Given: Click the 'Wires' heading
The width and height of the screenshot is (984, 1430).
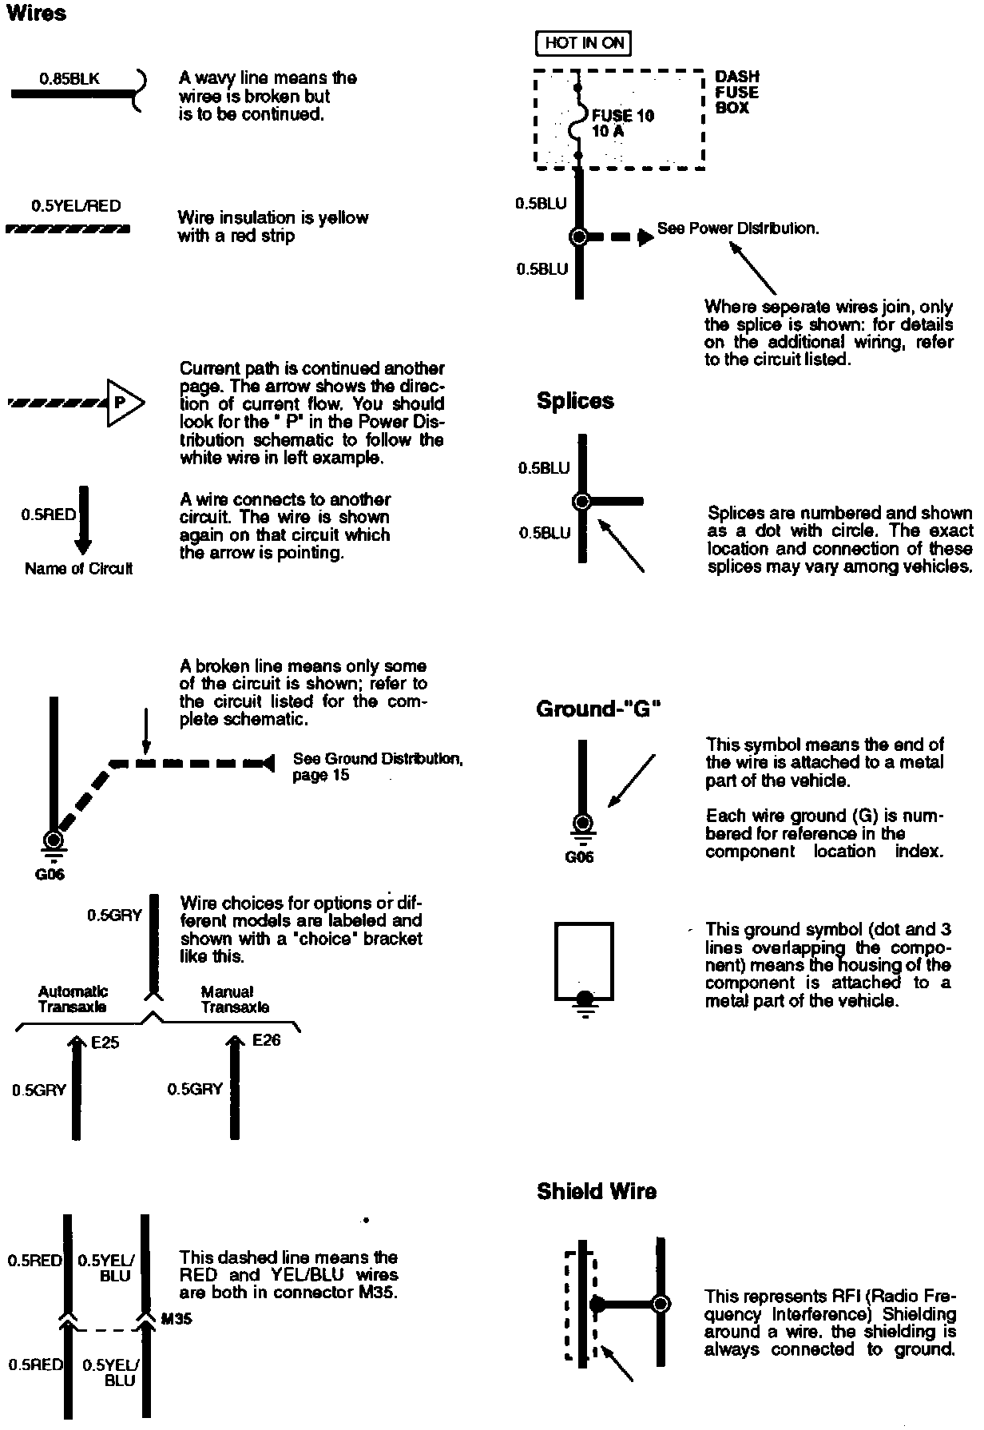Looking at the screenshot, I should (x=37, y=14).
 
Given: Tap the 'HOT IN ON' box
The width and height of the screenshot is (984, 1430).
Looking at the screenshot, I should (x=583, y=43).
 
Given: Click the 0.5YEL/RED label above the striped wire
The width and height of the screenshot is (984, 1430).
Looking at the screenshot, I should (x=76, y=206).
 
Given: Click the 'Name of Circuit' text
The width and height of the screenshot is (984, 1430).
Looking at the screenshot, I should (x=78, y=569).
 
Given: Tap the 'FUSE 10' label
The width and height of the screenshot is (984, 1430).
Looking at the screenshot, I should (x=622, y=116).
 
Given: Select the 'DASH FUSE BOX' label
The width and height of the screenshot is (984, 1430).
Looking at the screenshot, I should (x=736, y=92).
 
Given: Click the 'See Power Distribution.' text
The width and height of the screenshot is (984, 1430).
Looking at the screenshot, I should (x=738, y=228).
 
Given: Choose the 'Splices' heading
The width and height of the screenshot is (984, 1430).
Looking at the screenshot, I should (x=575, y=401).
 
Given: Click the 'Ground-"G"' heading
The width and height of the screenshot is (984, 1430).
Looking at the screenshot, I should (x=598, y=709).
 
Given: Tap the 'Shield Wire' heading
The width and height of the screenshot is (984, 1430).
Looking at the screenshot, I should (x=596, y=1192).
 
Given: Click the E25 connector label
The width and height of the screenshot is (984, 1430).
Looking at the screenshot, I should (x=105, y=1043).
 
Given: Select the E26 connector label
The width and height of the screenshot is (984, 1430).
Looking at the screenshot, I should (x=266, y=1040).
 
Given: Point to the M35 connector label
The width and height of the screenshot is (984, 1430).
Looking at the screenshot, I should (x=177, y=1319).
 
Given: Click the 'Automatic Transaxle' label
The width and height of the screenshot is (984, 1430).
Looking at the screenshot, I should (x=73, y=999).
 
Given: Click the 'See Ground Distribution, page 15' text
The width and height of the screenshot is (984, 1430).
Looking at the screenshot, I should (x=377, y=766).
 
